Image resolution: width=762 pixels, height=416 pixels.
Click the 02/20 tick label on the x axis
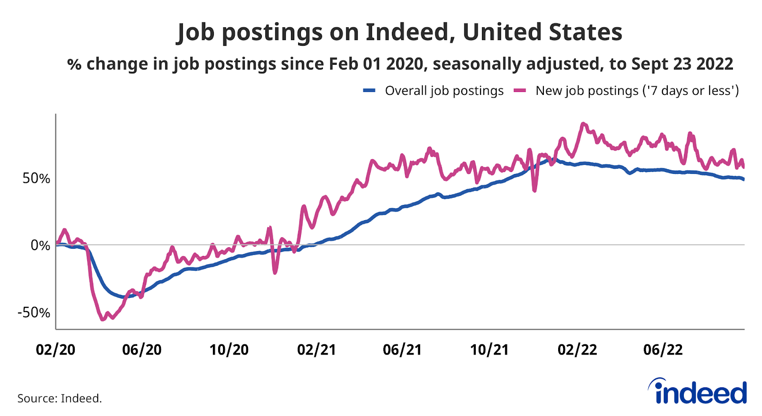click(56, 350)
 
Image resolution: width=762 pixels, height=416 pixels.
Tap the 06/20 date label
click(142, 350)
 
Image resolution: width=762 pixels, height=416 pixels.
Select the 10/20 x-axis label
click(229, 350)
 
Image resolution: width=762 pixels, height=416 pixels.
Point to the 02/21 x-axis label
click(317, 350)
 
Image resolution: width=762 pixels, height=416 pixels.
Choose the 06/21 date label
click(402, 350)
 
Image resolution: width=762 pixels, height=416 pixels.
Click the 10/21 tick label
click(490, 350)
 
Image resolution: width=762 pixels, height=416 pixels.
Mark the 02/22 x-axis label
click(577, 350)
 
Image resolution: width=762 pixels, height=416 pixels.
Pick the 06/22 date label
click(663, 350)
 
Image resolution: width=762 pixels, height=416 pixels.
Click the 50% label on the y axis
click(36, 178)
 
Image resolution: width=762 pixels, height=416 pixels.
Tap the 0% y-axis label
click(40, 245)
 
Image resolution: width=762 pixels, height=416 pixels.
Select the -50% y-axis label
click(34, 313)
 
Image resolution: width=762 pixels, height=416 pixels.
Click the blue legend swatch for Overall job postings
click(370, 91)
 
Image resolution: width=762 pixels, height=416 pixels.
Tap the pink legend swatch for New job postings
click(520, 91)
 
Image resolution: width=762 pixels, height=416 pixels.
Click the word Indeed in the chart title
click(407, 32)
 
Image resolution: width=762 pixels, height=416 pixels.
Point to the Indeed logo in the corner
click(698, 392)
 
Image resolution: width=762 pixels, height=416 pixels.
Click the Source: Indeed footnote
click(60, 398)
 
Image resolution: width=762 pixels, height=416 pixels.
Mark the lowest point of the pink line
click(103, 319)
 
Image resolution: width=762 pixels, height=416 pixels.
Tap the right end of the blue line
click(743, 179)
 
